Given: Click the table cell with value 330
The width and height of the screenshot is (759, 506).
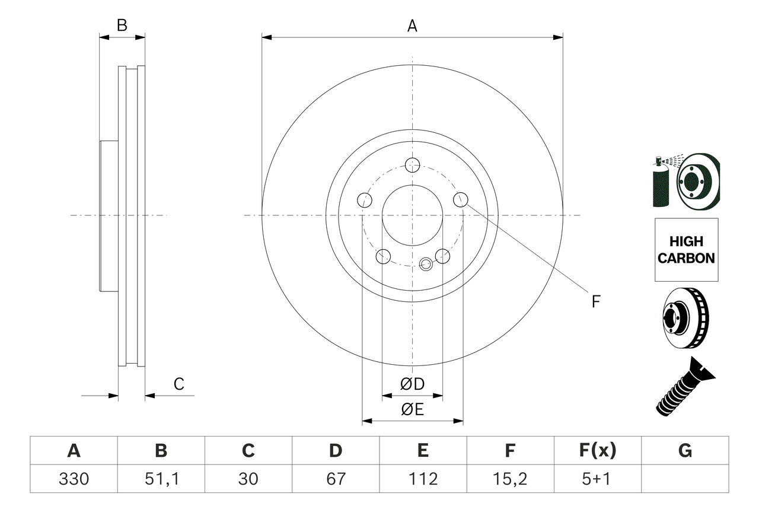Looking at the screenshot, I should point(74,479).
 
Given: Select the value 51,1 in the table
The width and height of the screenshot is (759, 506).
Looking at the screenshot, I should point(161,479).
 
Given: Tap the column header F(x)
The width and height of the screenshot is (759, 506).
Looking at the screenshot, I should point(597,451).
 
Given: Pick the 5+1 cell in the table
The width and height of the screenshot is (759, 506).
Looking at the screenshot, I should point(597,479).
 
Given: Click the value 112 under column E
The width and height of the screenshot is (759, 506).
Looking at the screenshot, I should point(423,479).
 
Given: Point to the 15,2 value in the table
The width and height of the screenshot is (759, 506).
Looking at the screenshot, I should point(510,479).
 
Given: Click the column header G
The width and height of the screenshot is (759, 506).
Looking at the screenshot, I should point(685,451).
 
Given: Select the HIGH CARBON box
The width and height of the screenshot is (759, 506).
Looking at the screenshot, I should point(686,250).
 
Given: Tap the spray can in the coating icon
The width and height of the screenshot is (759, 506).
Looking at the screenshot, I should point(661,184).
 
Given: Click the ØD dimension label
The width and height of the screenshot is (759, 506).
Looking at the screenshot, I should point(413,384).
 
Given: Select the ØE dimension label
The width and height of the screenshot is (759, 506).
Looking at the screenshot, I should point(413,409).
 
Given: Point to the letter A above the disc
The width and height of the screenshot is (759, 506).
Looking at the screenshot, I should point(412,26).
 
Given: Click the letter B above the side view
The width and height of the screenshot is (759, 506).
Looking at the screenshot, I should point(122,26).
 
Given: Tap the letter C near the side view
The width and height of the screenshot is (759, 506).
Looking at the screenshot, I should point(179,384).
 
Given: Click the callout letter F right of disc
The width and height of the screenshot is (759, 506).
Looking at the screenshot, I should point(596,301).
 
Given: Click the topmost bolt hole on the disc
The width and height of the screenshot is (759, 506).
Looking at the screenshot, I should point(412,164).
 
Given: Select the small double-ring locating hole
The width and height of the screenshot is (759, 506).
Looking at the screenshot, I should point(425,264).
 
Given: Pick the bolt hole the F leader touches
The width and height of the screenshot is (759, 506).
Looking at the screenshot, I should point(461,200).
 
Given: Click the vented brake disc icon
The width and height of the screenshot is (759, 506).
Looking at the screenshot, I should point(685,320).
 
